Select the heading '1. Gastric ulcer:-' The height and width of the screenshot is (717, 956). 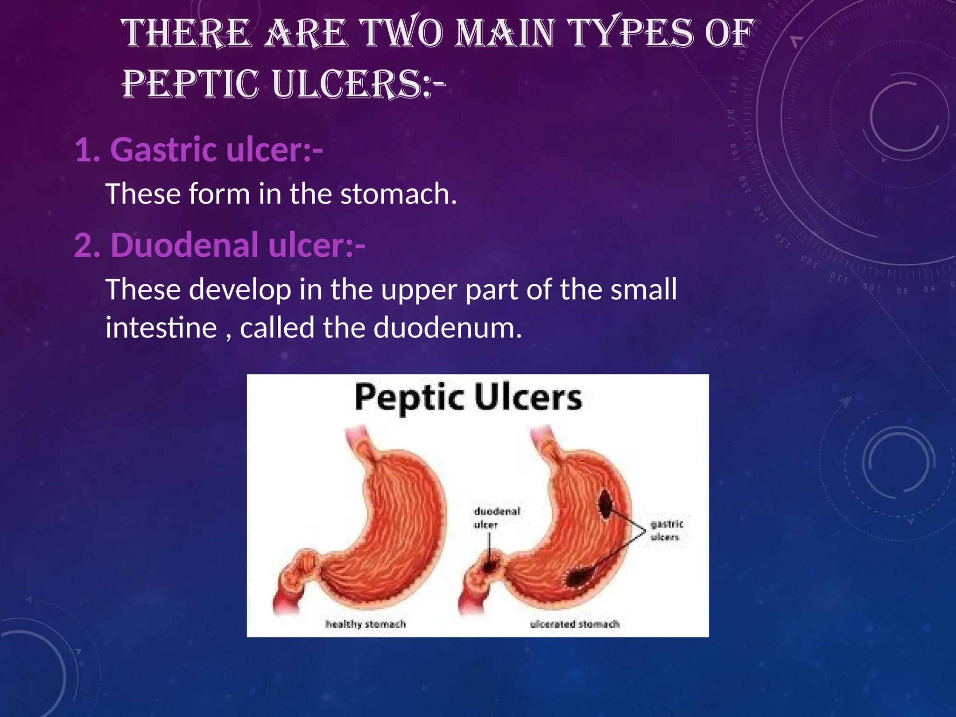click(199, 150)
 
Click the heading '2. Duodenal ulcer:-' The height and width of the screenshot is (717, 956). click(220, 245)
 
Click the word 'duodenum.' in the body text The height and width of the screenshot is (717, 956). click(447, 328)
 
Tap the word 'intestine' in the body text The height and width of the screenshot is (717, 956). click(161, 328)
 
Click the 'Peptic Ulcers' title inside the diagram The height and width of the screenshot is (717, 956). click(468, 398)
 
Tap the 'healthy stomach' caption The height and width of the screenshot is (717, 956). click(366, 624)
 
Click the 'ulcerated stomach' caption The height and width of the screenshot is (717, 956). click(575, 624)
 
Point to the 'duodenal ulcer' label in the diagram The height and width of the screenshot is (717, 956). click(497, 518)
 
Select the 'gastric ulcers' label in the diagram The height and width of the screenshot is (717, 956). click(666, 530)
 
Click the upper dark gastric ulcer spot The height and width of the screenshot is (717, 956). click(606, 505)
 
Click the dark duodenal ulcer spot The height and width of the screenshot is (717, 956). click(490, 567)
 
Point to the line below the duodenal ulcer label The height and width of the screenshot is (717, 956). click(489, 544)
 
